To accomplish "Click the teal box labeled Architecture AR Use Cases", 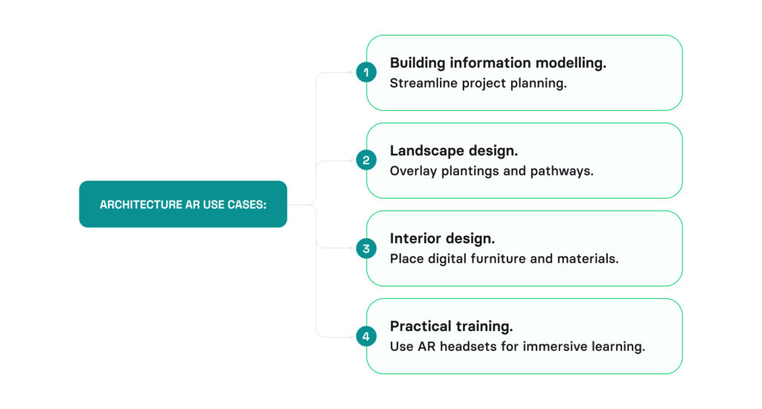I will pos(182,204).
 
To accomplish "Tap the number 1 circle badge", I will pos(366,72).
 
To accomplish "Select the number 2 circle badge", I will pos(366,160).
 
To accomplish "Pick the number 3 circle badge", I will pos(366,248).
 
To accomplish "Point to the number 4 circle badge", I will pos(366,336).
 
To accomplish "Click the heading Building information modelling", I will pos(498,63).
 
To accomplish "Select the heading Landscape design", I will pos(454,151).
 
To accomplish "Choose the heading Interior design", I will pos(442,239).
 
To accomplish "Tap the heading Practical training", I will pos(451,326).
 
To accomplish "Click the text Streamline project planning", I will pos(478,83).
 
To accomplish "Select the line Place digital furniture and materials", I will pos(504,259).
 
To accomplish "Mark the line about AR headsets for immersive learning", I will pos(517,347).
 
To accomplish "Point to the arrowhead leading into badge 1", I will pos(351,73).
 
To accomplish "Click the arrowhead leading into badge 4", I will pos(351,336).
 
